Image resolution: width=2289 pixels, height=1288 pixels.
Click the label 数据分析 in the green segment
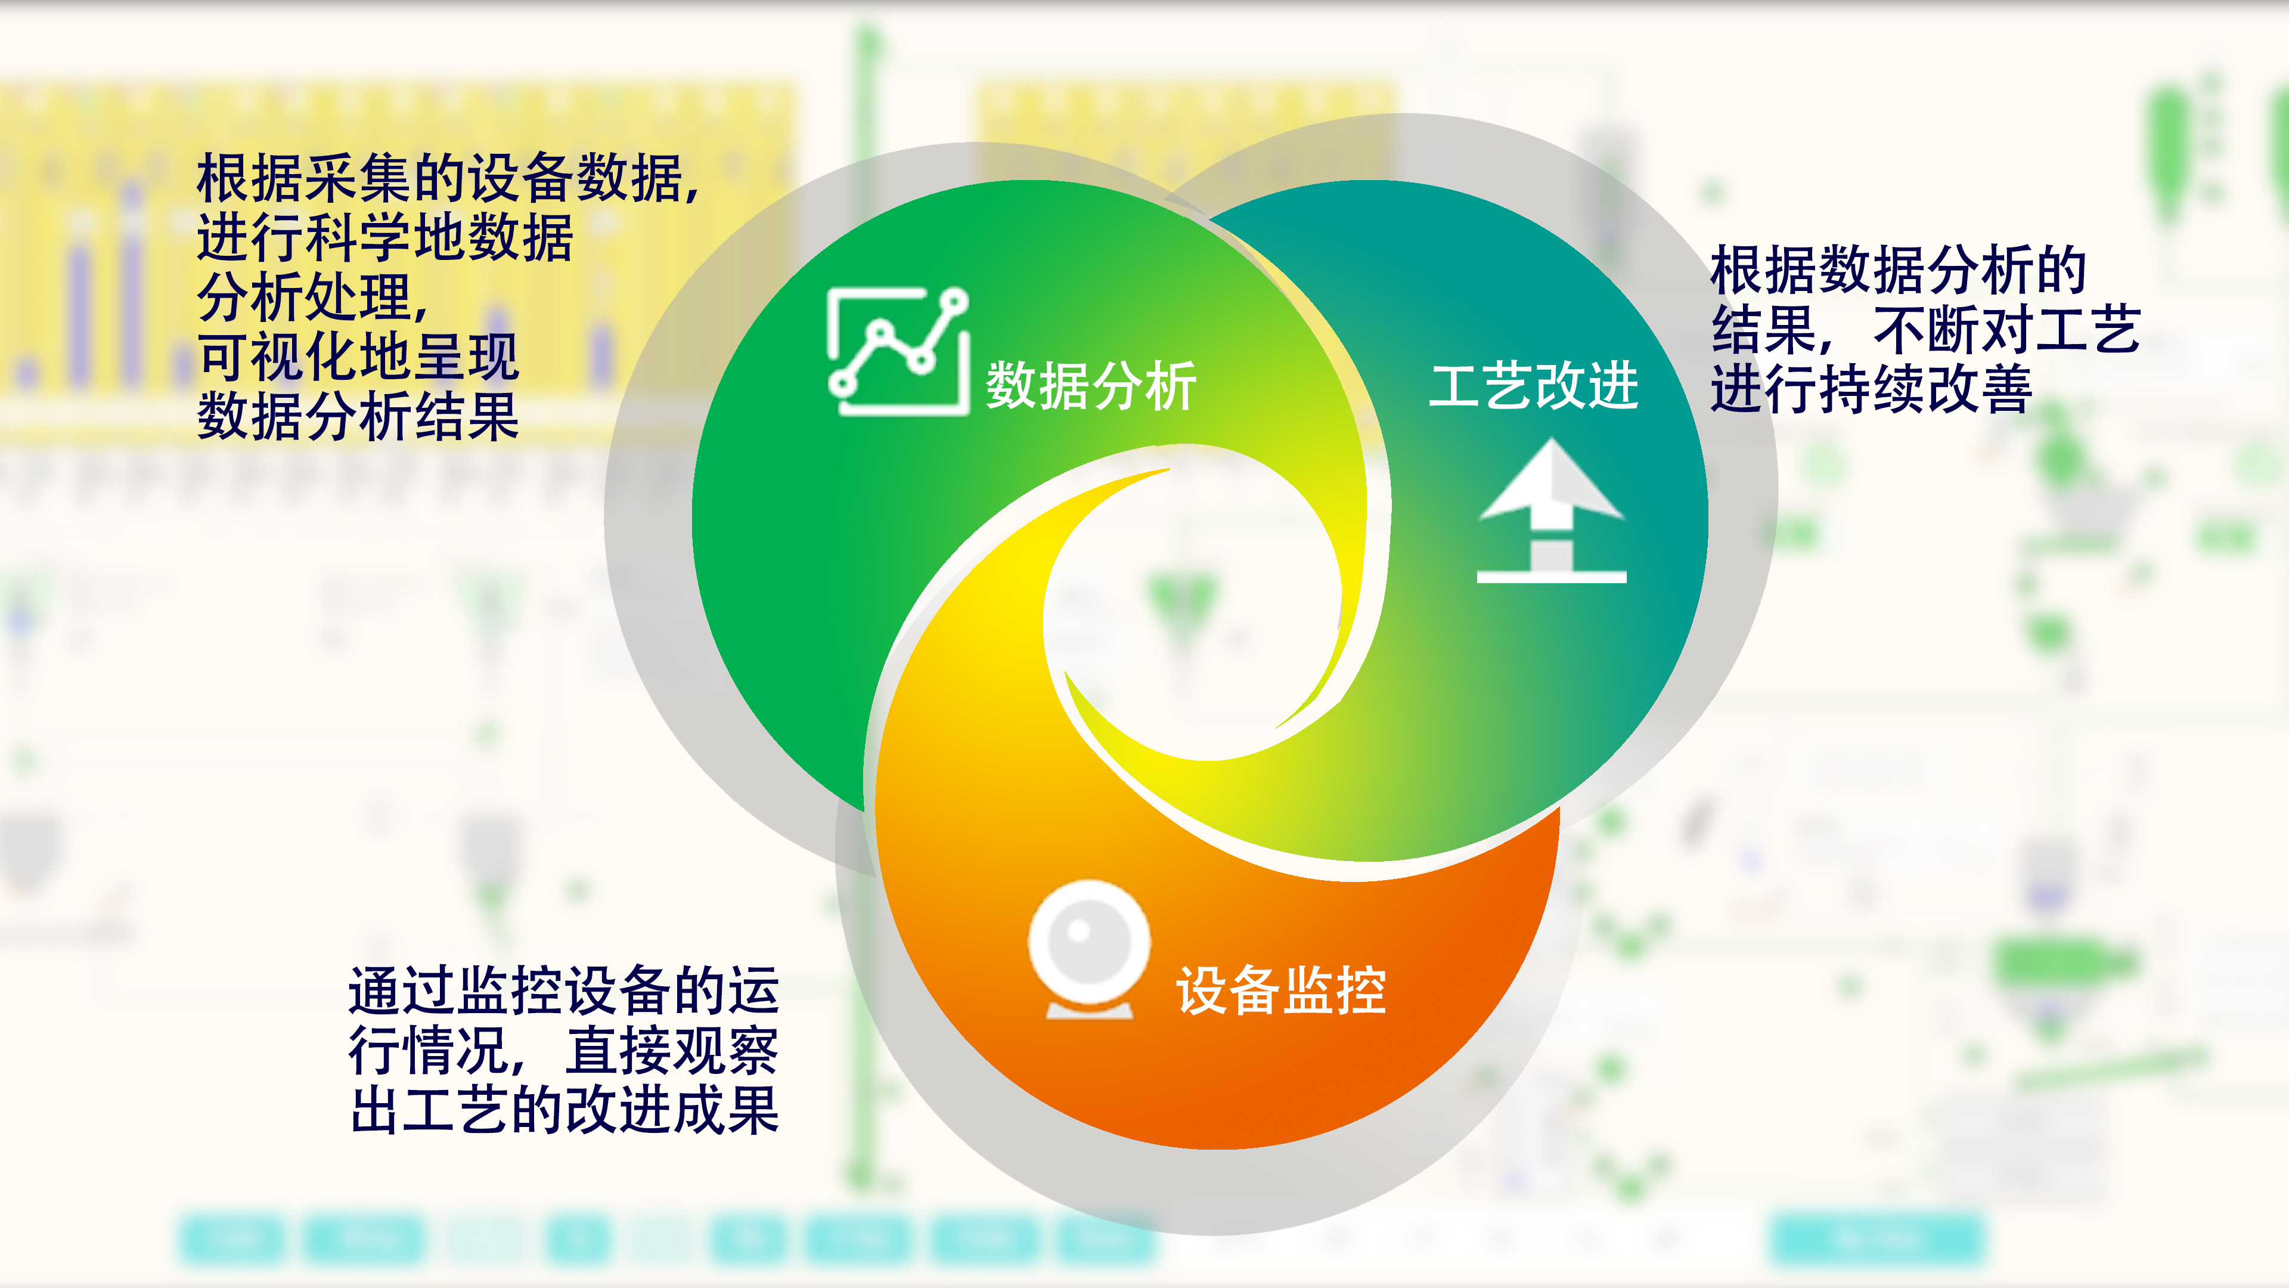(x=1091, y=386)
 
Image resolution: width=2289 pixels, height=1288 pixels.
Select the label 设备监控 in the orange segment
(x=1280, y=990)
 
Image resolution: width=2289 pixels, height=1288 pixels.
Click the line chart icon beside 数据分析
(x=898, y=351)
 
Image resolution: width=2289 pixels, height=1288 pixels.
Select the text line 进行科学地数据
(x=384, y=239)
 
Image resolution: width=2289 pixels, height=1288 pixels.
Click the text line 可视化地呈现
(x=358, y=357)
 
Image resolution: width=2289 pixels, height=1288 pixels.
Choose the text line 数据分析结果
(x=358, y=416)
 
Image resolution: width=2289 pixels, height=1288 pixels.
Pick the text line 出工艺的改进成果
(x=565, y=1110)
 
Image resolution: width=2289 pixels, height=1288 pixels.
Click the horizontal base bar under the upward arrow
(x=1552, y=577)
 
